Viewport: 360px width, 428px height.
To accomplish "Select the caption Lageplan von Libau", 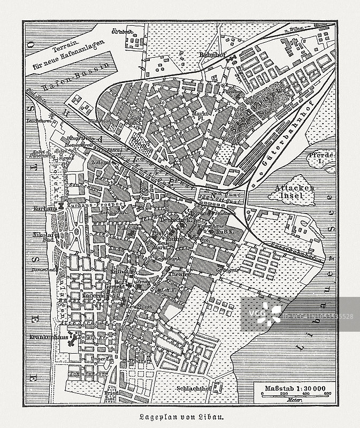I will click(180, 417).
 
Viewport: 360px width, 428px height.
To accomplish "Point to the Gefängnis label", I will click(228, 271).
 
